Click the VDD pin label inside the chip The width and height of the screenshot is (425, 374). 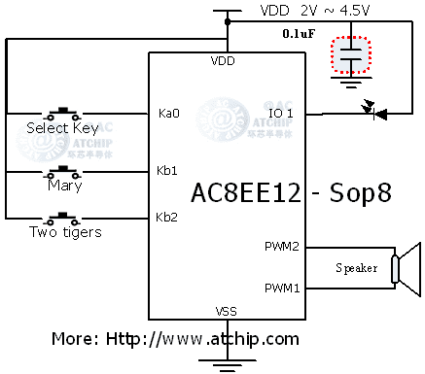(223, 61)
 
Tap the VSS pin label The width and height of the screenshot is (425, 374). (224, 311)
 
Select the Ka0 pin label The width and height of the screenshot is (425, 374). (167, 114)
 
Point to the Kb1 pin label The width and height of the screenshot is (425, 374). (167, 170)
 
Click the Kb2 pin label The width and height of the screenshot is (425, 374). (167, 216)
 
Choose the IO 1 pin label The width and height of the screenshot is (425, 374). (281, 114)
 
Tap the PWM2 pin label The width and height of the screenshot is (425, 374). (282, 246)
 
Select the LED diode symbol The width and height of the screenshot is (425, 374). (374, 114)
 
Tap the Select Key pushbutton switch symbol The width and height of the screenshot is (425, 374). (65, 111)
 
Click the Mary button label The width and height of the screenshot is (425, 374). (64, 186)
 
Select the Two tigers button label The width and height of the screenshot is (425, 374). (65, 232)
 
